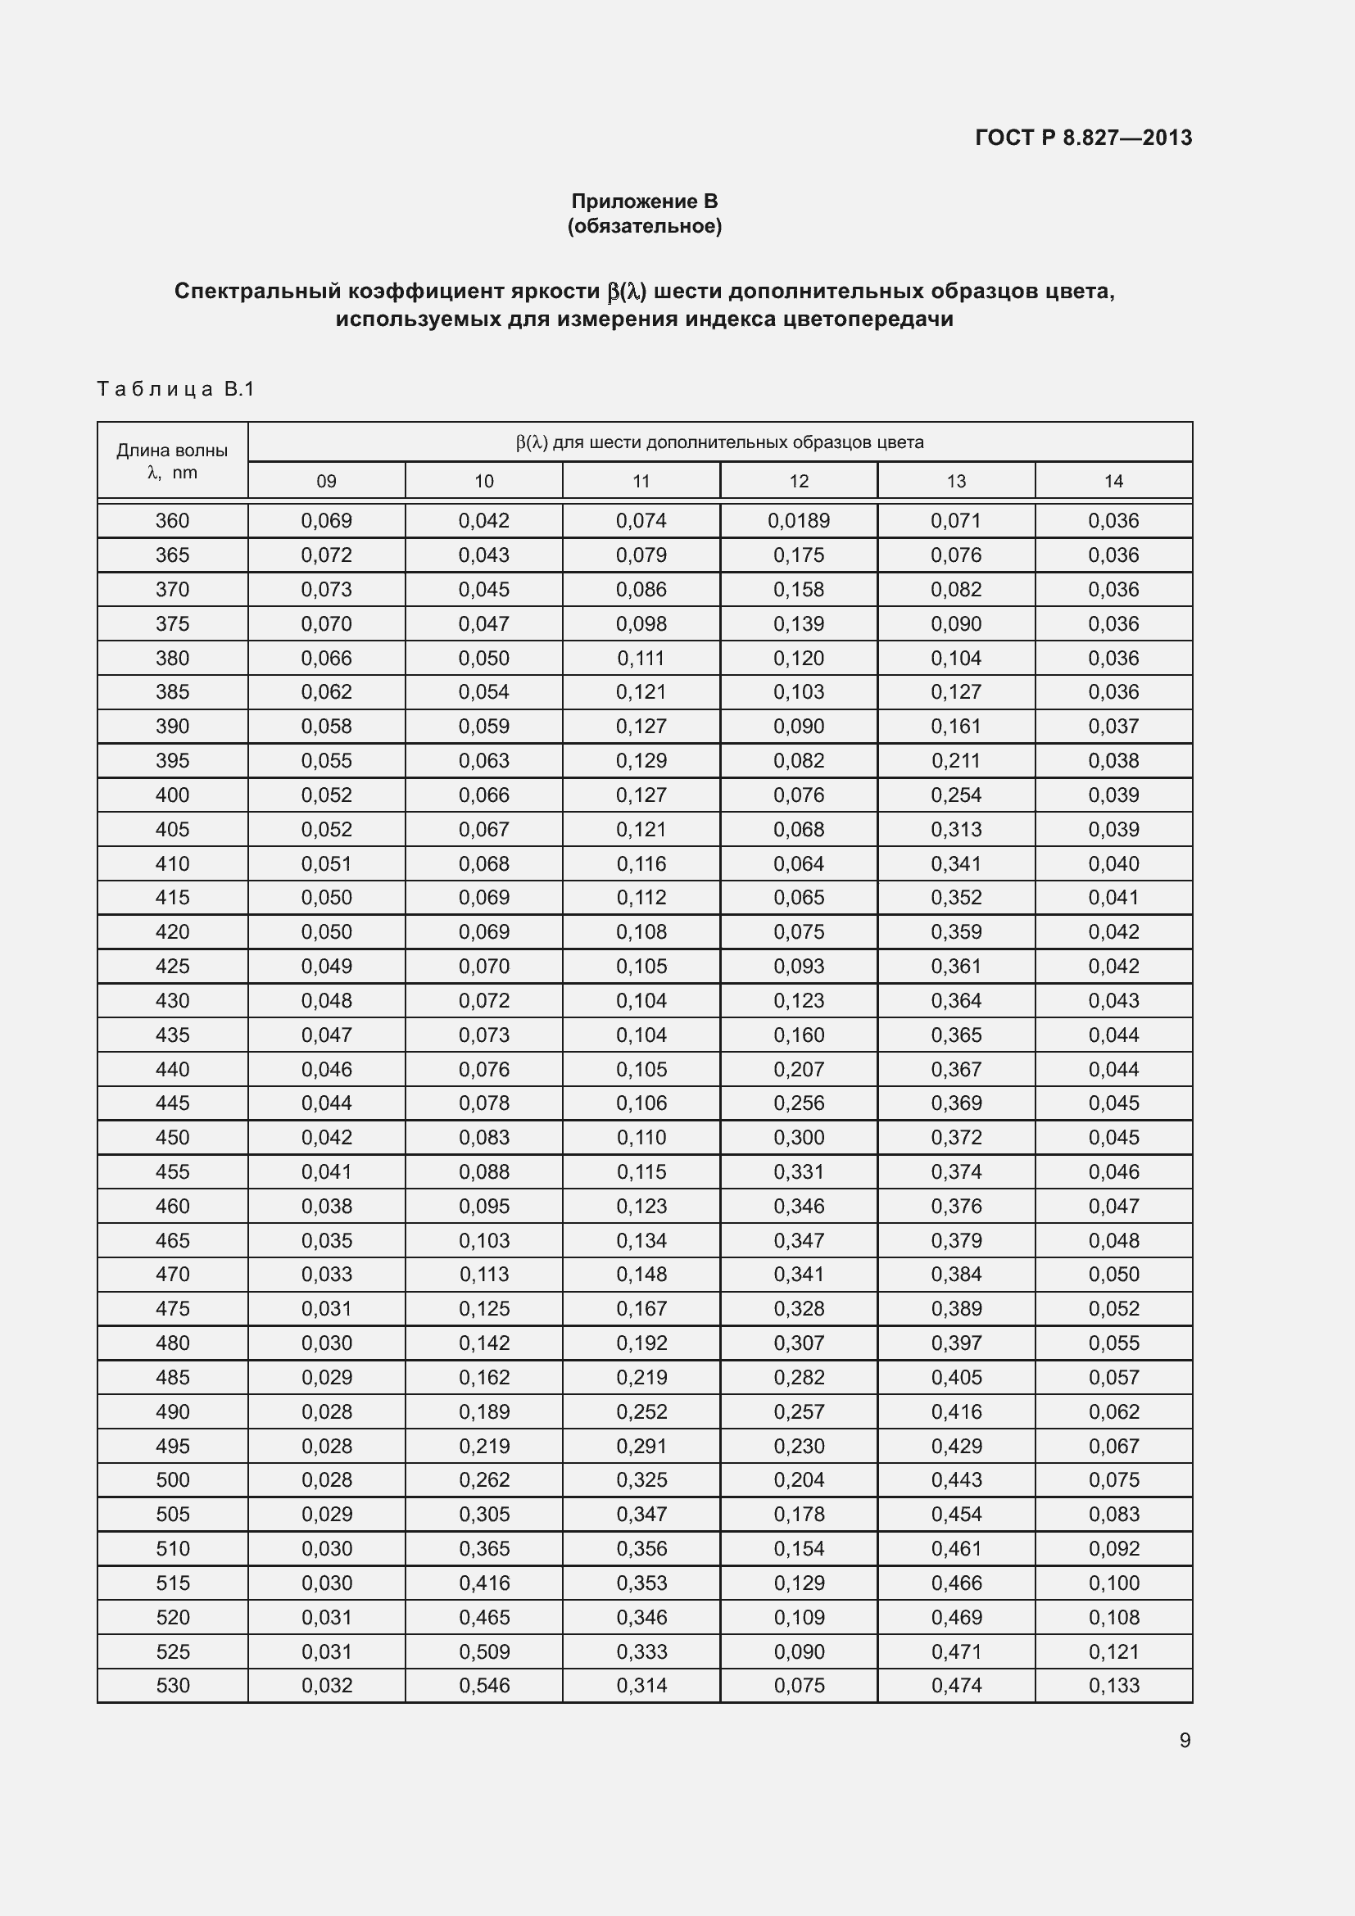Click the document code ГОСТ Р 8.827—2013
coord(1083,138)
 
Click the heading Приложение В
coord(644,202)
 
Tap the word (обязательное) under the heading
coord(644,226)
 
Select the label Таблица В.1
coord(175,389)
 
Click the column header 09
coord(326,482)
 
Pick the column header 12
coord(799,482)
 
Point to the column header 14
coord(1113,482)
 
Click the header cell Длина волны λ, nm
coord(172,460)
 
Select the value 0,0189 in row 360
coord(799,521)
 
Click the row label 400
coord(172,795)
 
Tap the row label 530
coord(172,1686)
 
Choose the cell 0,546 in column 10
coord(484,1686)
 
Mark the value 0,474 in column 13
coord(956,1686)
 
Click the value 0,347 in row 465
coord(799,1241)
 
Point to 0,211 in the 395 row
coord(956,761)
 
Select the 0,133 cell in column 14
coord(1113,1686)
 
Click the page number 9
coord(1184,1741)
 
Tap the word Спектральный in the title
coord(257,292)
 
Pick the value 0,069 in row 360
coord(326,521)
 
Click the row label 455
coord(172,1172)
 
